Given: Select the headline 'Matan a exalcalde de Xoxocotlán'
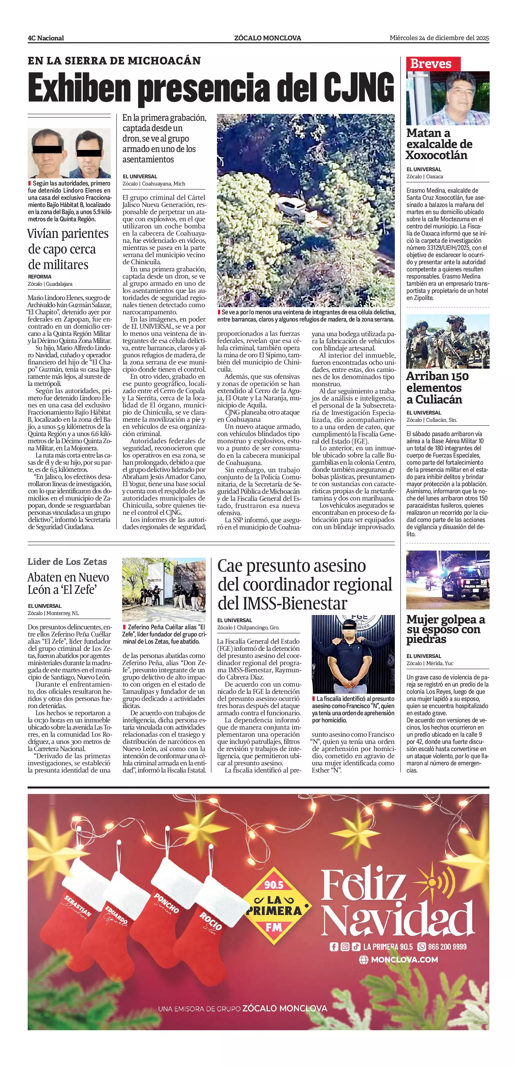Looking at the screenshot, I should pos(439,144).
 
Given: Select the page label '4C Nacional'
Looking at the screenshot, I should pos(46,38).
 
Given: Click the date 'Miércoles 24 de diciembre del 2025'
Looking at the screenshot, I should pos(439,38).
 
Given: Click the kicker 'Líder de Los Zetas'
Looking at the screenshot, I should pos(67,562).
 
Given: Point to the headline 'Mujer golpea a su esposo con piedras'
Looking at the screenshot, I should pos(445,629).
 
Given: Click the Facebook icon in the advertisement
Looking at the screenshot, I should pos(334,946).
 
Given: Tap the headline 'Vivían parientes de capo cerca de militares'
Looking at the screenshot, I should pos(68,249).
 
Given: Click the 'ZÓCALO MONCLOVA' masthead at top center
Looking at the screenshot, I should pos(267,38).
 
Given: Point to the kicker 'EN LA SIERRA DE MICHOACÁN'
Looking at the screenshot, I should pos(114,61).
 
